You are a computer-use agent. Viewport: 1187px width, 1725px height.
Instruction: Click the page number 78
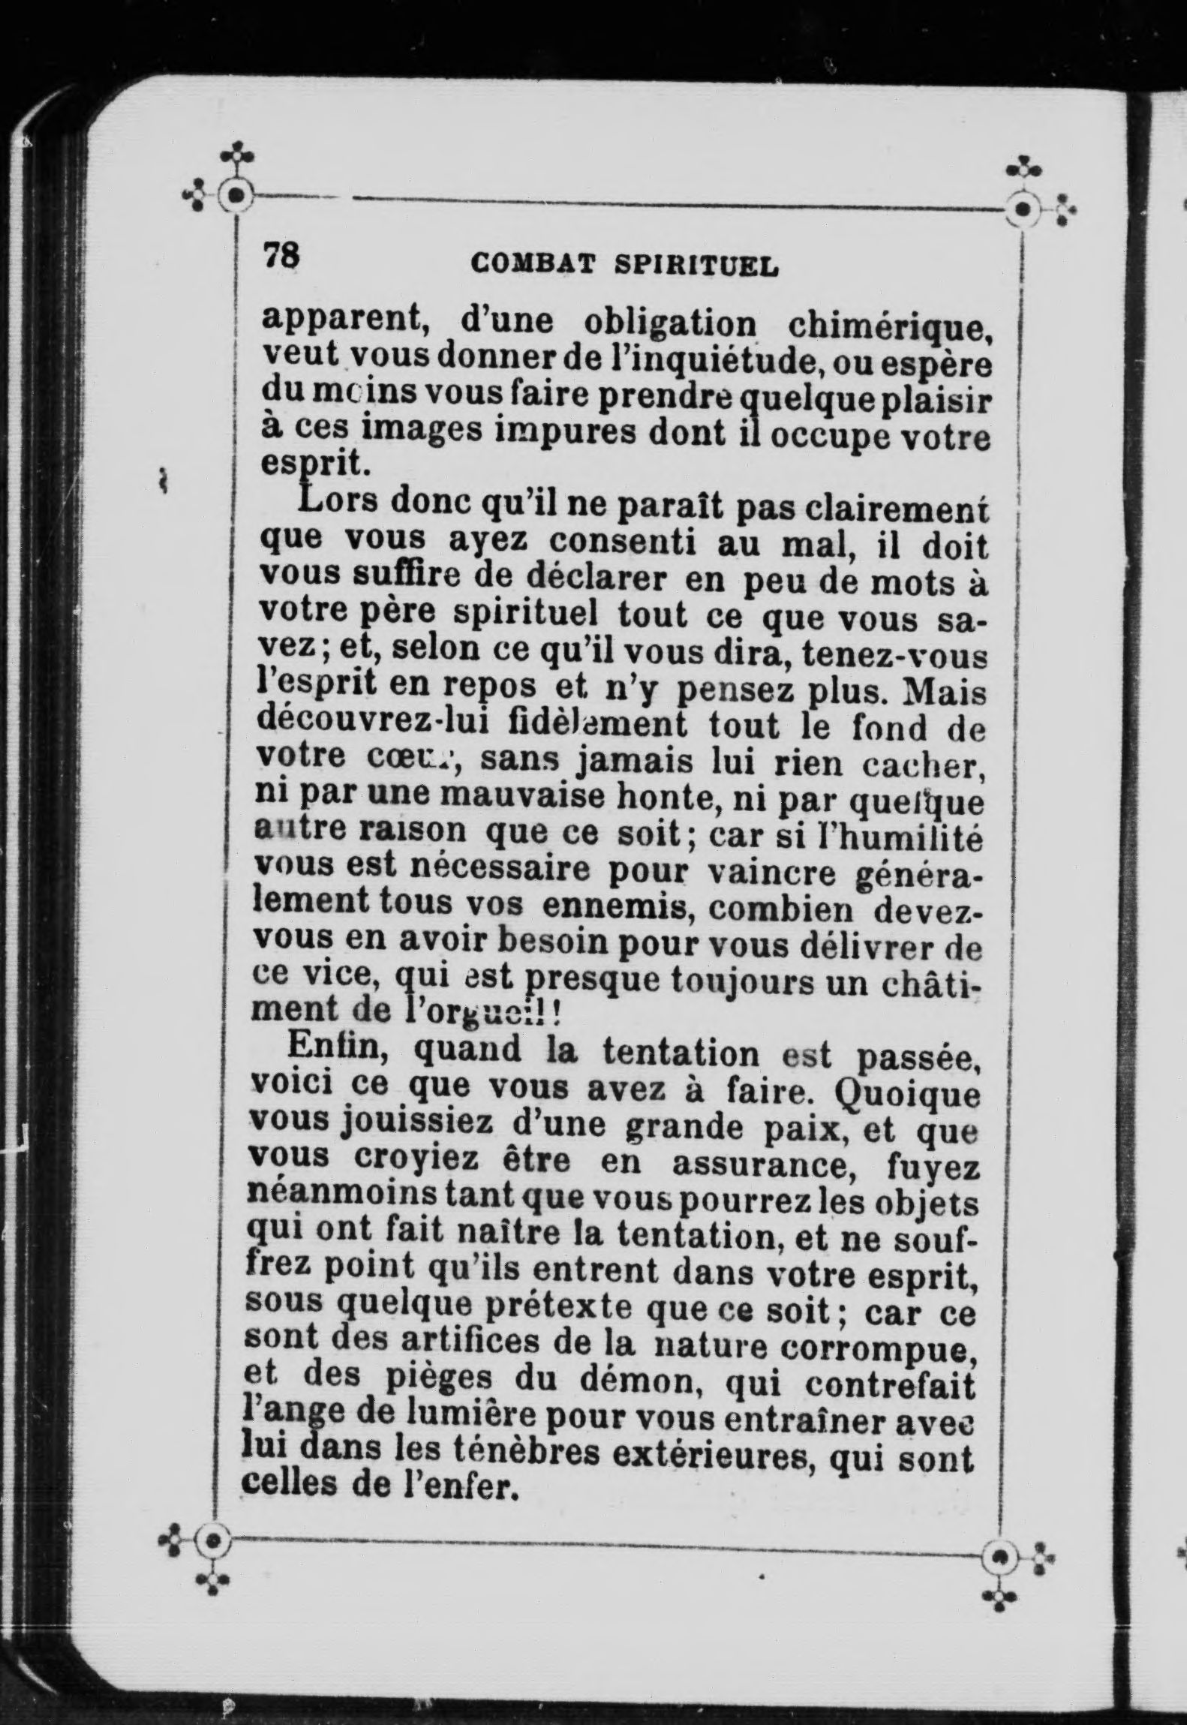281,257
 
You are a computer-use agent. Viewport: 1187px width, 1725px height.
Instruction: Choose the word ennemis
620,909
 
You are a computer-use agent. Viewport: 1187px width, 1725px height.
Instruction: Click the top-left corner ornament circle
236,196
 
